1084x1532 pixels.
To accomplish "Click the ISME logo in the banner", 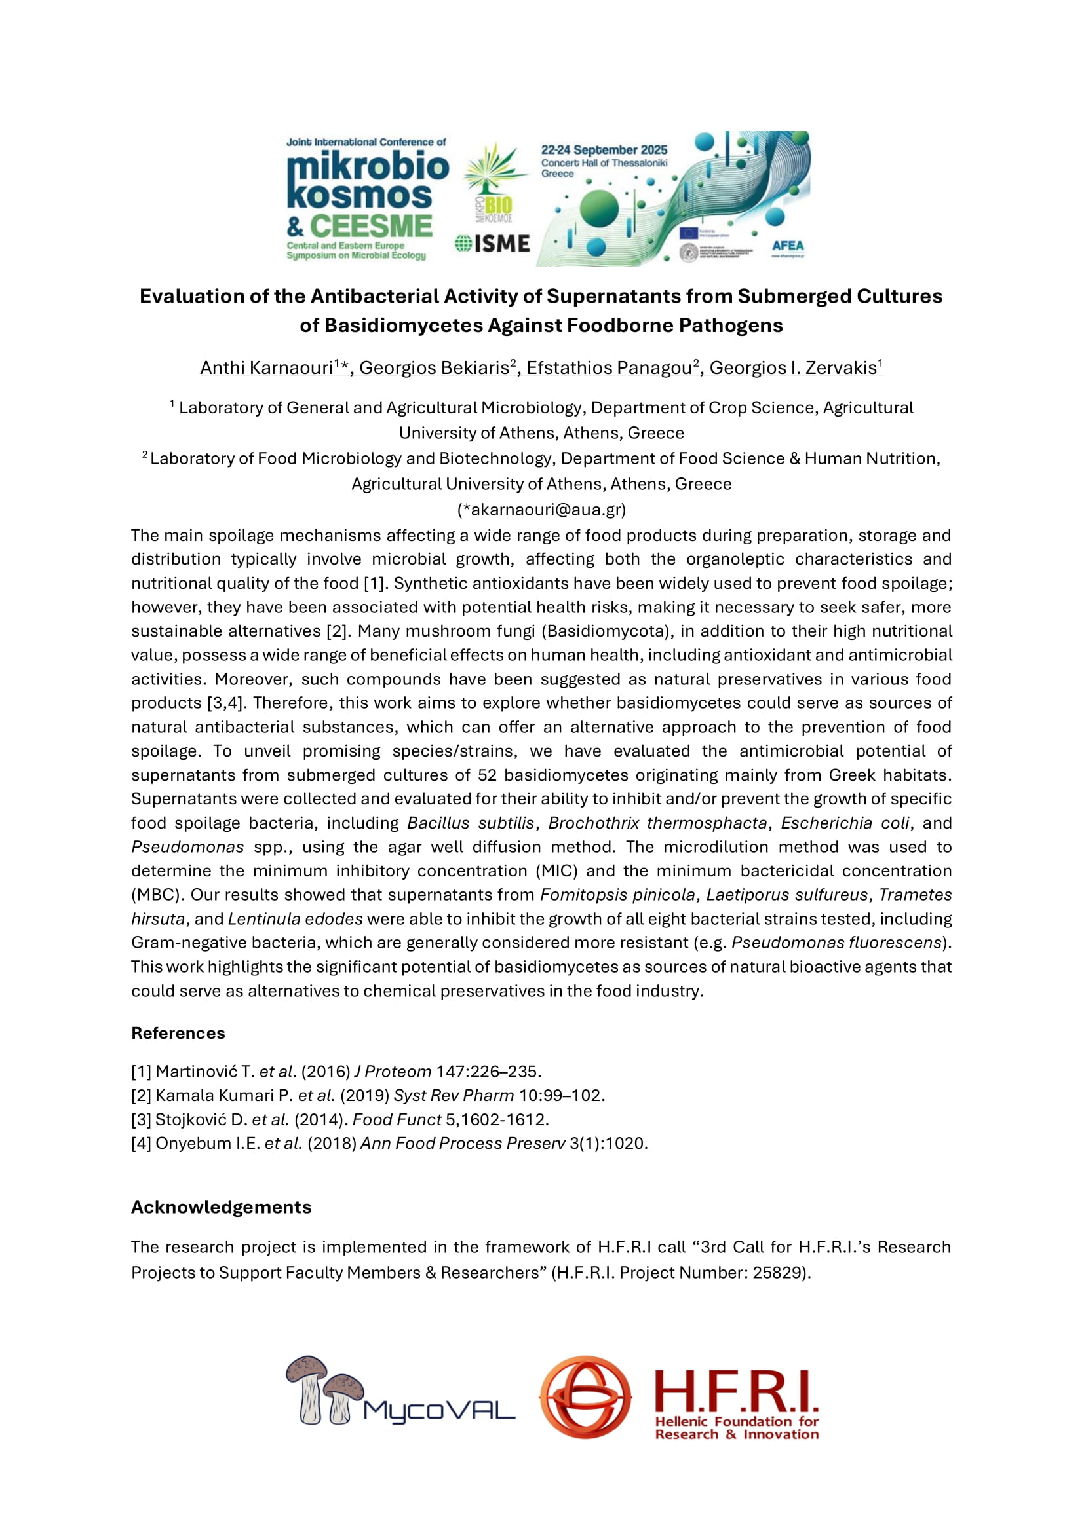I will click(x=493, y=244).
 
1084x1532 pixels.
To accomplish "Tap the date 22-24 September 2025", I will click(x=604, y=150).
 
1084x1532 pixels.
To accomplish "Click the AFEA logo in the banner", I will click(x=788, y=246).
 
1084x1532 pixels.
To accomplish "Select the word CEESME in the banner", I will click(x=370, y=226).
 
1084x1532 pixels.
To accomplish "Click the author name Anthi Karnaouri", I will click(x=266, y=367).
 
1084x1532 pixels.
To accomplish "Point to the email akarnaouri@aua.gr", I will click(x=541, y=510).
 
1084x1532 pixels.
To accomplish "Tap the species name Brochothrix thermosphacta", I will click(x=657, y=823).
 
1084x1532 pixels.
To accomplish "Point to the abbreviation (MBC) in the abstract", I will click(x=154, y=895).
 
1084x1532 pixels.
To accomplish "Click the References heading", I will click(x=178, y=1033).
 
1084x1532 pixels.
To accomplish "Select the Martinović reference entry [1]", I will click(x=336, y=1072).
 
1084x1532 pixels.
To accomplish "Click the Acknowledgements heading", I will click(x=221, y=1207).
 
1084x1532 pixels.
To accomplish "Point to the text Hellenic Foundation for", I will click(x=736, y=1421).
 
